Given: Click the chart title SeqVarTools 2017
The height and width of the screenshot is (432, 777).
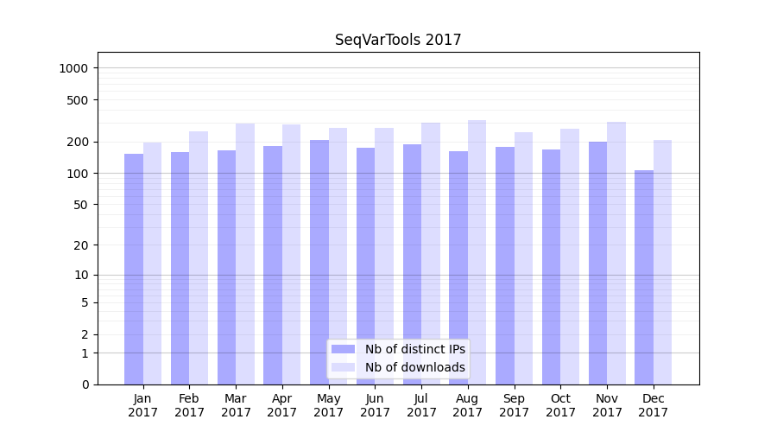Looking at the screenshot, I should [x=398, y=40].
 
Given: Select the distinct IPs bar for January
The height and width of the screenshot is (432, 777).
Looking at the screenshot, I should [x=134, y=269].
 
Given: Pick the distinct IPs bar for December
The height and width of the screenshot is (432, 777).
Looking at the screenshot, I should [x=644, y=277].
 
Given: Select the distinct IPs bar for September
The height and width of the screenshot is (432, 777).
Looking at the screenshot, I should [x=505, y=265].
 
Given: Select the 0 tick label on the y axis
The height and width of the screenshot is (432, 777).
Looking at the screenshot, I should [x=85, y=384].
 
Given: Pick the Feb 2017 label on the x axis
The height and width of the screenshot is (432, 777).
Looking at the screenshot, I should [x=189, y=405].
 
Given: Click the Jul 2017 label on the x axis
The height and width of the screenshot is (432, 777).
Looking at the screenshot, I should [x=421, y=405].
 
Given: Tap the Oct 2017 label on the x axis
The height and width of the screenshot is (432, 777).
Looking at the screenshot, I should [x=560, y=405].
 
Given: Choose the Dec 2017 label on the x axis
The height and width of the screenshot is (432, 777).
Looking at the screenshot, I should [x=654, y=405].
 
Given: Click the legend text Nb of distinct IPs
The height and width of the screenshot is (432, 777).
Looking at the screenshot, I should [x=414, y=349].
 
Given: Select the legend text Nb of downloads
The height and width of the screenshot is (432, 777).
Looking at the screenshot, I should [x=414, y=367].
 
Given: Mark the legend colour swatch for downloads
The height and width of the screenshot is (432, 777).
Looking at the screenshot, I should [x=343, y=367].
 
